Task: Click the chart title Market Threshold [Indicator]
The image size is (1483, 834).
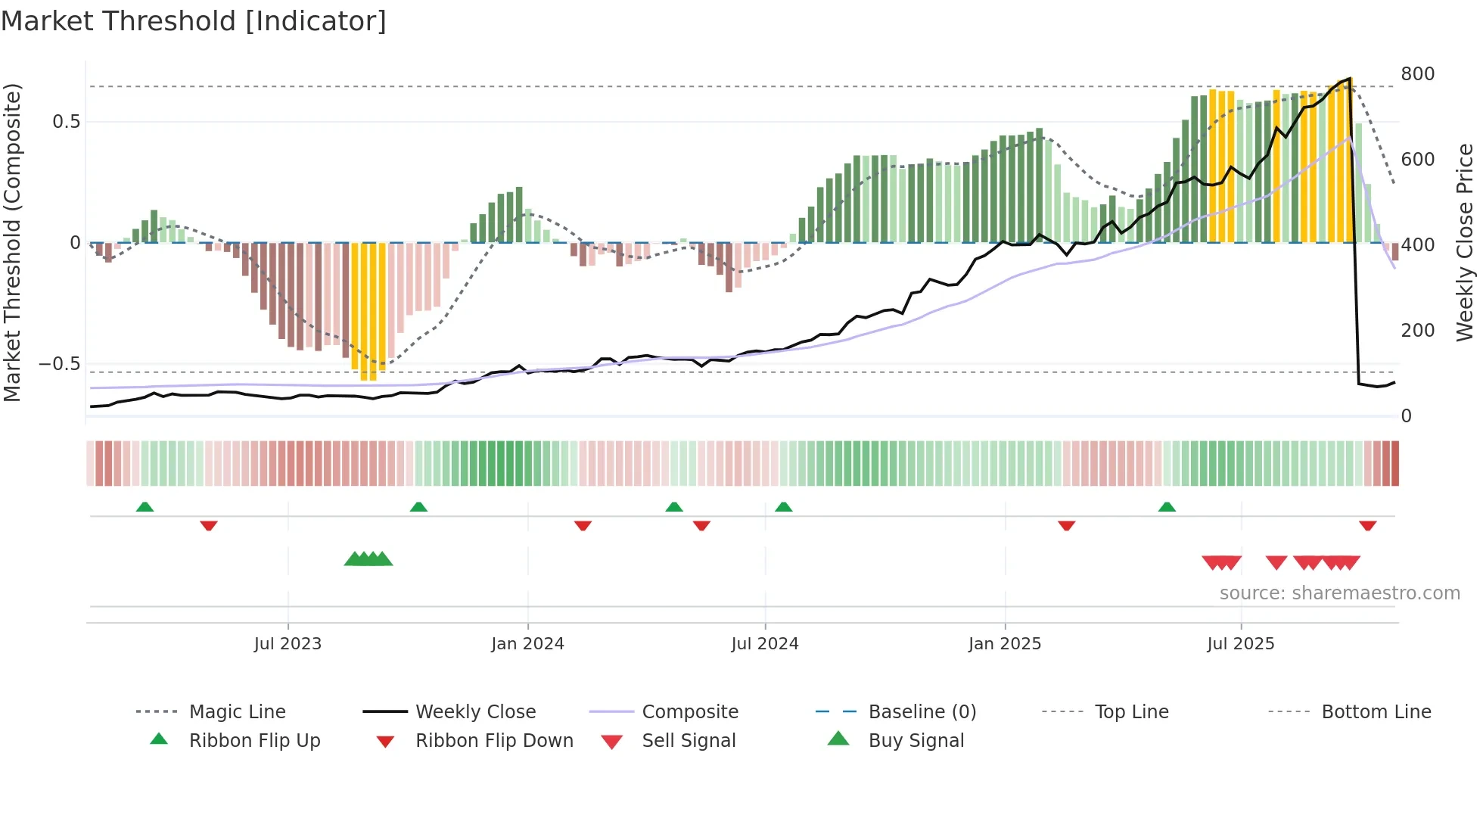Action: (x=194, y=21)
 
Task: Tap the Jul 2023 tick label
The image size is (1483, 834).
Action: (x=288, y=644)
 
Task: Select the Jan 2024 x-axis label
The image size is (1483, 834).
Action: (x=527, y=644)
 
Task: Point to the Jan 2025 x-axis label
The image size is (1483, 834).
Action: (x=1005, y=644)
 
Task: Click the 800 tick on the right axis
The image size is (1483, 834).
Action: (x=1417, y=74)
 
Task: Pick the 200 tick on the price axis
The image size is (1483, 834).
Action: (x=1417, y=331)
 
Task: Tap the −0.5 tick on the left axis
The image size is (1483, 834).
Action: (x=60, y=364)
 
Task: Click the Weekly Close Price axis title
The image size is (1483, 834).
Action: (x=1465, y=242)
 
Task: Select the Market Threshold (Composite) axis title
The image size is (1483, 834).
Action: (x=12, y=242)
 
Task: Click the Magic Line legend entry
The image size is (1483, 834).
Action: (x=237, y=712)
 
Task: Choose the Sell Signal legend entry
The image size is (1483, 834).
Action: (x=689, y=741)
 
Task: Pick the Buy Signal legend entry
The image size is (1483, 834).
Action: (x=916, y=741)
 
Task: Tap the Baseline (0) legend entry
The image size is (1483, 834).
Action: (x=922, y=712)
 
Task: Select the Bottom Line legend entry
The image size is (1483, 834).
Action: (x=1376, y=712)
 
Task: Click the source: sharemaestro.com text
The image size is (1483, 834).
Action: (x=1339, y=593)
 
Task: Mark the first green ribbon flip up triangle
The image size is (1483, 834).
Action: (x=145, y=507)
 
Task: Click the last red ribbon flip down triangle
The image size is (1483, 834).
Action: (x=1367, y=525)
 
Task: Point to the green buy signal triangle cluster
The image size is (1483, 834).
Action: (x=368, y=559)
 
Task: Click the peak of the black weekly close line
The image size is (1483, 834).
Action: (x=1349, y=79)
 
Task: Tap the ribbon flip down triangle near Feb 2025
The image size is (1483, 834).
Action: (x=1066, y=525)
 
